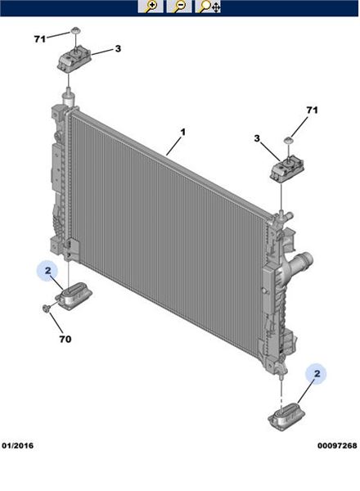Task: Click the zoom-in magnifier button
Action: point(151,7)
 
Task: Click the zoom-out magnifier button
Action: point(179,7)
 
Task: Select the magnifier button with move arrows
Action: point(208,7)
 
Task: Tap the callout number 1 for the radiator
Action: point(182,132)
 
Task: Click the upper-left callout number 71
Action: point(40,39)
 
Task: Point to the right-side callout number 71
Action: point(312,110)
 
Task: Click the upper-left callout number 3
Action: point(118,48)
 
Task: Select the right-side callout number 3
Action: point(257,138)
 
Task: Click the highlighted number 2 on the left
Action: point(47,270)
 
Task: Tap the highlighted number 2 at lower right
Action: point(317,374)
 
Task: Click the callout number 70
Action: point(65,339)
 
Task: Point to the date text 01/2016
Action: point(17,445)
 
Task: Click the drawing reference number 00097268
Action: point(337,445)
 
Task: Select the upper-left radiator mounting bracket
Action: point(74,60)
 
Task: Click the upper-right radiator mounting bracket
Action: point(286,171)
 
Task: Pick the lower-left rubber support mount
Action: point(74,295)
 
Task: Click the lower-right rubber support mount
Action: point(286,417)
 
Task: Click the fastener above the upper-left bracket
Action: point(75,31)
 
